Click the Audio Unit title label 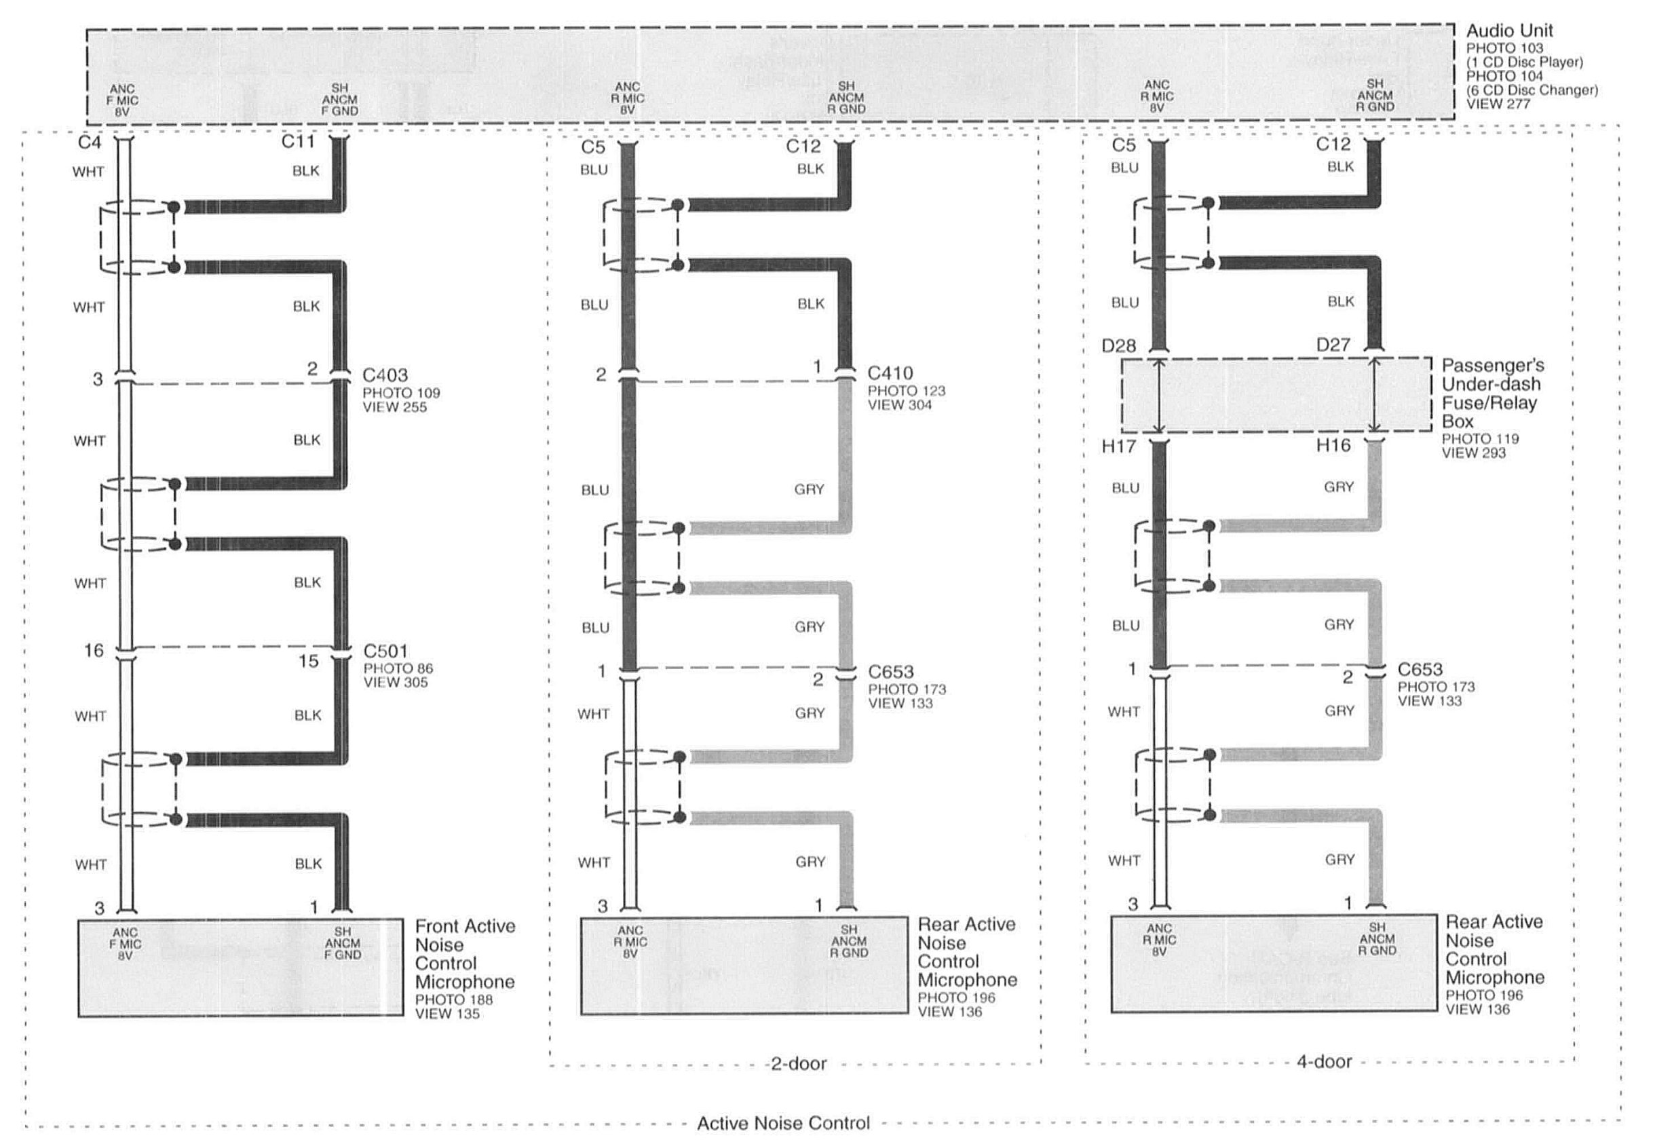(1509, 31)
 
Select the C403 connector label (385, 375)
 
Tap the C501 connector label (385, 651)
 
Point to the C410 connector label (890, 373)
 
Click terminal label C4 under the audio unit (90, 142)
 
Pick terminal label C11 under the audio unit (298, 142)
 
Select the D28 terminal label (1118, 346)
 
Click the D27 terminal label (1333, 345)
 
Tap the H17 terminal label (1118, 447)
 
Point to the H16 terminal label (1333, 446)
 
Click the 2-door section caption (799, 1064)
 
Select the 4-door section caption (1325, 1061)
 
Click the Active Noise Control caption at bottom (784, 1124)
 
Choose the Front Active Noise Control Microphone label (464, 954)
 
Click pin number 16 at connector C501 (94, 651)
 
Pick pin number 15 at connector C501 (309, 661)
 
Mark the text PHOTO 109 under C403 (402, 393)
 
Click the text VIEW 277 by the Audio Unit (1498, 104)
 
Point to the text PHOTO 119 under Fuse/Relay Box (1481, 438)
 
